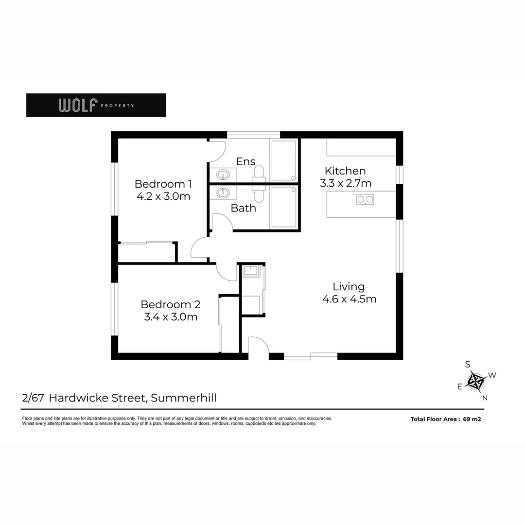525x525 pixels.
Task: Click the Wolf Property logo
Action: click(x=96, y=105)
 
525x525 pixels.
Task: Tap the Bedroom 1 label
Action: click(x=163, y=184)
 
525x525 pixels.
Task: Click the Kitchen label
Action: click(x=345, y=171)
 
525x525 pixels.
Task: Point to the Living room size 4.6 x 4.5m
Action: click(x=349, y=299)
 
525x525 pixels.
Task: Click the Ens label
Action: click(x=245, y=161)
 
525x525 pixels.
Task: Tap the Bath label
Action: click(x=243, y=208)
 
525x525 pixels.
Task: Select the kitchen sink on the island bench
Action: click(x=365, y=199)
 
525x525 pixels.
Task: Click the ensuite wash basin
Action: click(x=223, y=174)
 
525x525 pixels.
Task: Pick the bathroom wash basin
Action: click(x=223, y=192)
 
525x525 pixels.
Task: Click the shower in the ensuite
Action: click(x=283, y=160)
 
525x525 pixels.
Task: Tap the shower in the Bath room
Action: click(x=283, y=207)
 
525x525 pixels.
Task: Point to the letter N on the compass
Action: click(x=484, y=398)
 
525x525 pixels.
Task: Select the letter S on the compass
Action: click(x=468, y=364)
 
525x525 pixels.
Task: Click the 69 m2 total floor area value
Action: click(x=472, y=419)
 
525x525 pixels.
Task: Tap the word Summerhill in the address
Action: click(x=184, y=398)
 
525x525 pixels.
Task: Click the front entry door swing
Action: click(x=257, y=346)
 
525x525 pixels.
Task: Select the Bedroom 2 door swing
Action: click(x=226, y=271)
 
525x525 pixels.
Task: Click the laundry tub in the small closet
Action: click(x=251, y=271)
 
